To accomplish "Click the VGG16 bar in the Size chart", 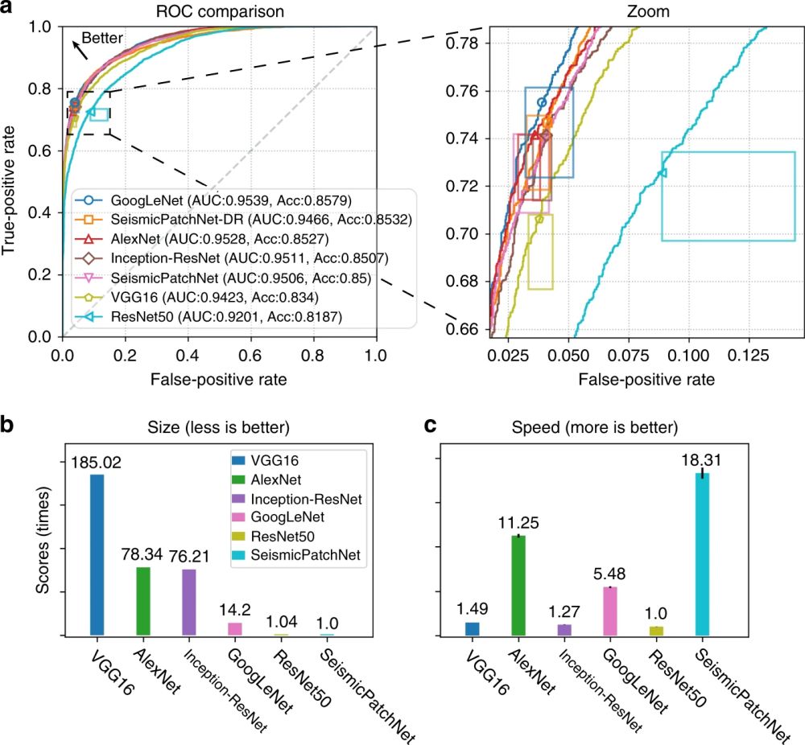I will click(x=97, y=555).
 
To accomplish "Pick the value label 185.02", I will click(x=97, y=463).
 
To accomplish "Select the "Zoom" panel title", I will click(x=628, y=11).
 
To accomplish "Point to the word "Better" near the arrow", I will click(x=106, y=38).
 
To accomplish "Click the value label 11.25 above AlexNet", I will click(x=518, y=522).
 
